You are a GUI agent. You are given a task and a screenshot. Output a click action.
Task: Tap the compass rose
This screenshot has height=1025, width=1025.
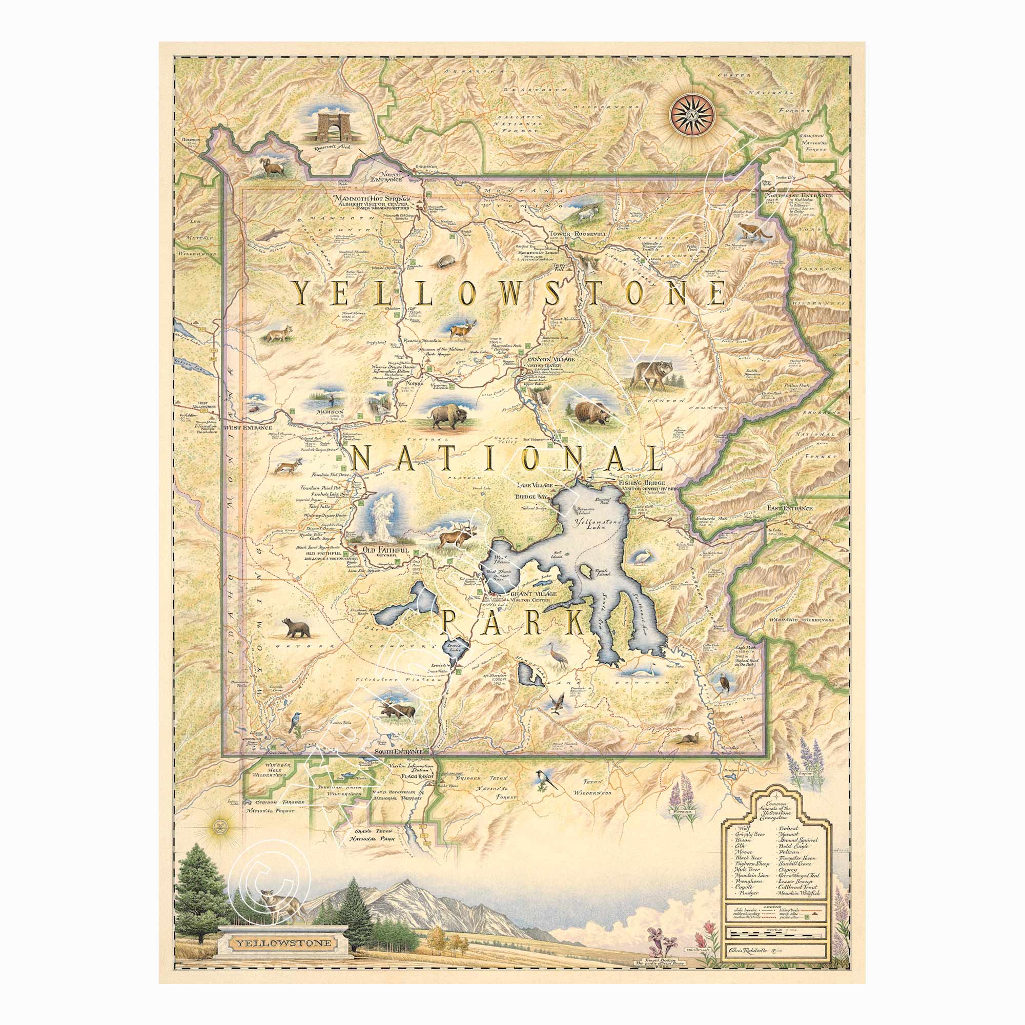coord(691,115)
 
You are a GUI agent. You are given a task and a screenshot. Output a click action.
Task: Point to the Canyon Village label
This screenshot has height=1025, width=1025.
coord(548,360)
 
